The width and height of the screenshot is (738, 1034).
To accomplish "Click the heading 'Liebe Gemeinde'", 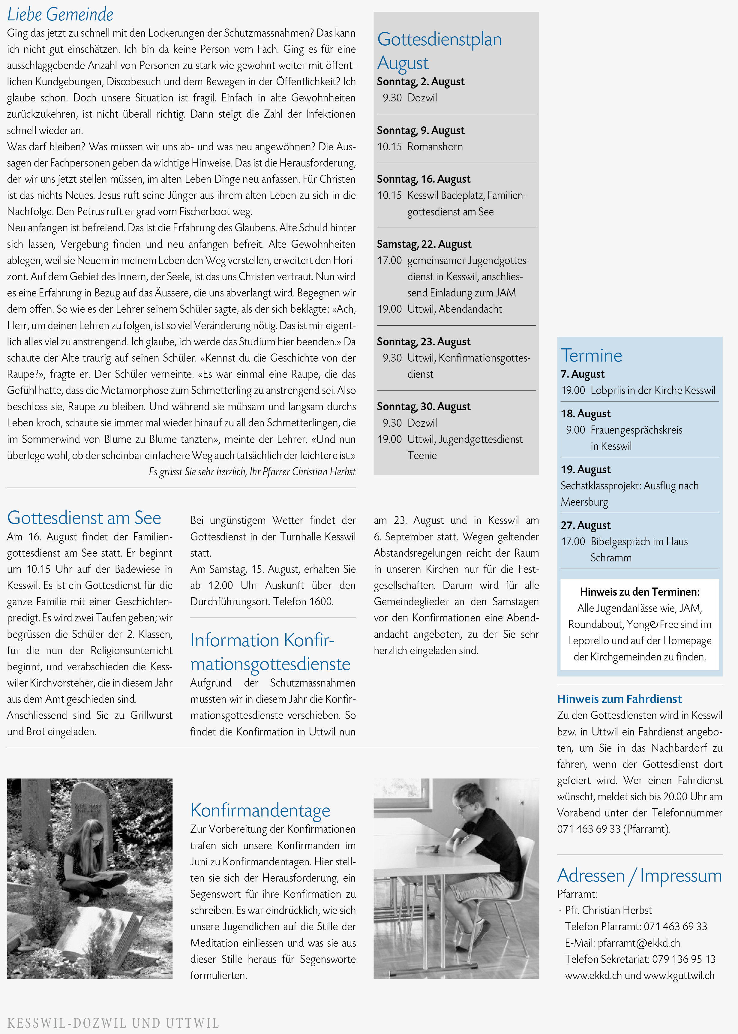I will tap(60, 14).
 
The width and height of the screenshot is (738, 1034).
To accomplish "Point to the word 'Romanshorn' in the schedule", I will tap(435, 147).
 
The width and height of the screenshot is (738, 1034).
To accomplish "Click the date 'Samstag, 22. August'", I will tap(424, 244).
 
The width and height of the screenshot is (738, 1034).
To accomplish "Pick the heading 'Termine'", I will tap(591, 356).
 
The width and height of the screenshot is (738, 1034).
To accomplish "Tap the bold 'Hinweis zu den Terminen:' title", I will tap(639, 592).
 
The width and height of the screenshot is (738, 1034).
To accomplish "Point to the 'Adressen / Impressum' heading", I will tap(639, 875).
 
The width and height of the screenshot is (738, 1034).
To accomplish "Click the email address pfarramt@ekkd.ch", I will tap(638, 943).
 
